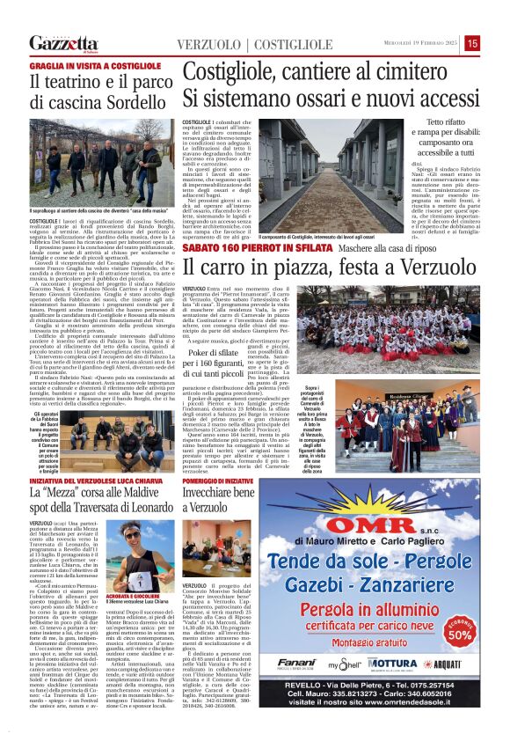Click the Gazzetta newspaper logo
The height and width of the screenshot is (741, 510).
tap(63, 43)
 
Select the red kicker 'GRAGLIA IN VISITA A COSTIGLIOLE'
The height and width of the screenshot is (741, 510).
tap(84, 66)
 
